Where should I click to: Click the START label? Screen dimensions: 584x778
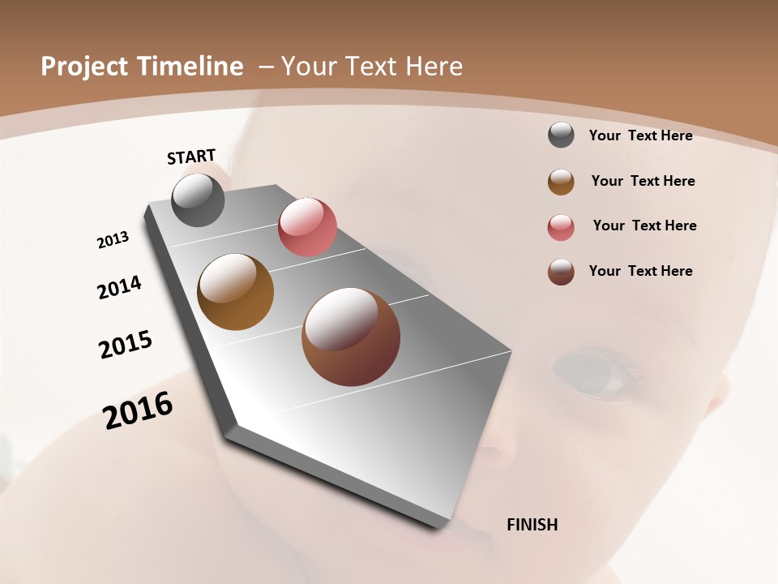(x=191, y=157)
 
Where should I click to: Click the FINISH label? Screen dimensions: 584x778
(x=532, y=525)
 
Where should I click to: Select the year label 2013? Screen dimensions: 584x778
(x=113, y=240)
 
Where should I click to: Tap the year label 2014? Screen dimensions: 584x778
(x=119, y=288)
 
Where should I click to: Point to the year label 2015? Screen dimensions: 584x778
(x=126, y=345)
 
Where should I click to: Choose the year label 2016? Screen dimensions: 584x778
(x=138, y=410)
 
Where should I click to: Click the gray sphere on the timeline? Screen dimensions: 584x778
(x=198, y=200)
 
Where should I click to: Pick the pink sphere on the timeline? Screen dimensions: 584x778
(x=307, y=226)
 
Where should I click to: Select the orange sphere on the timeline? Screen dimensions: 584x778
(x=235, y=292)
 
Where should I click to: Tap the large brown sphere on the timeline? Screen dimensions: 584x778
(x=350, y=337)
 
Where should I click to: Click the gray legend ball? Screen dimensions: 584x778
(x=561, y=135)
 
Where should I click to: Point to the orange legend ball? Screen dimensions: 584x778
(x=561, y=181)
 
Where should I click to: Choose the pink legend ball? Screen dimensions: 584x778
(x=561, y=226)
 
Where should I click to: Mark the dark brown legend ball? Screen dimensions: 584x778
(x=561, y=271)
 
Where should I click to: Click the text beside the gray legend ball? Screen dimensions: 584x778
(x=640, y=135)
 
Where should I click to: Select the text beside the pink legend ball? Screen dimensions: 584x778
(x=644, y=225)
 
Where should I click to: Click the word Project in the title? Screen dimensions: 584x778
(x=85, y=67)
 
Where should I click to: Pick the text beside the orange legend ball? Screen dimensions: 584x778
(x=643, y=181)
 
